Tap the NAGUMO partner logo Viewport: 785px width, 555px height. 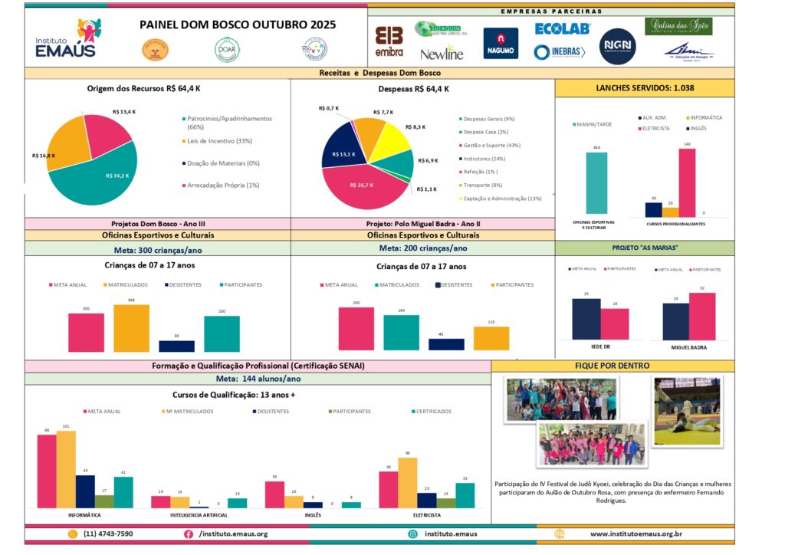[x=500, y=43]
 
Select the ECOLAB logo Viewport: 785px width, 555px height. [x=563, y=28]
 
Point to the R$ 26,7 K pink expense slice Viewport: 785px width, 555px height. [x=360, y=188]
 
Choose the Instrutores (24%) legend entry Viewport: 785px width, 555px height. [x=488, y=158]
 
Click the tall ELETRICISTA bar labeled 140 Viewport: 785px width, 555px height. [x=687, y=182]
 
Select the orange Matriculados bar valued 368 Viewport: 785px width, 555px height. [x=131, y=328]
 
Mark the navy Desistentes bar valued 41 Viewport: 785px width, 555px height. [x=446, y=344]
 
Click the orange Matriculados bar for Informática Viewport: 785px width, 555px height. [x=66, y=468]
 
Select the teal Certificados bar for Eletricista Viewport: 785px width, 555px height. [x=465, y=495]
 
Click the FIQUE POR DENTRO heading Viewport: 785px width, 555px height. [x=612, y=366]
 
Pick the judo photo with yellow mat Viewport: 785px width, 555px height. [x=687, y=411]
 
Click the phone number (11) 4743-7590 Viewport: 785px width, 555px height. [x=108, y=534]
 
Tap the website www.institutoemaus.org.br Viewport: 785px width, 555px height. [x=636, y=534]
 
